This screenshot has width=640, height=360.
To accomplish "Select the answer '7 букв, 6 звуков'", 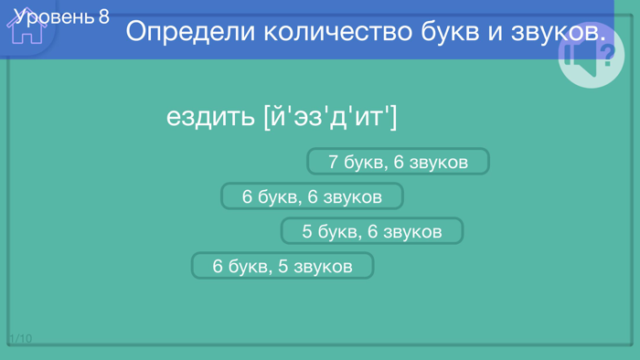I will coord(398,162).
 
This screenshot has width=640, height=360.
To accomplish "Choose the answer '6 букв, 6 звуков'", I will coord(312,196).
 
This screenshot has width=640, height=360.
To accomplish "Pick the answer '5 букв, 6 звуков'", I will coord(372,231).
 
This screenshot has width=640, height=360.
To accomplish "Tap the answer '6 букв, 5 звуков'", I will coord(283,266).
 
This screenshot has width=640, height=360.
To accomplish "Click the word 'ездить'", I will coord(210,117).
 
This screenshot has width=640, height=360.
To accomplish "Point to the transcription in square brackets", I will coord(330,116).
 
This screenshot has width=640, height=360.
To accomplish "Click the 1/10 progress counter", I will coord(20,339).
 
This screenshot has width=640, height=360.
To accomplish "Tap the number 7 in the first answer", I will coord(334,162).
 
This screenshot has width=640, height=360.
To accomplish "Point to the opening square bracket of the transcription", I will coord(266,117).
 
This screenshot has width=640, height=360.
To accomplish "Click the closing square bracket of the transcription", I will coord(393,117).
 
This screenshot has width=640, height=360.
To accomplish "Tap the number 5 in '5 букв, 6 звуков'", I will coord(308,231).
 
